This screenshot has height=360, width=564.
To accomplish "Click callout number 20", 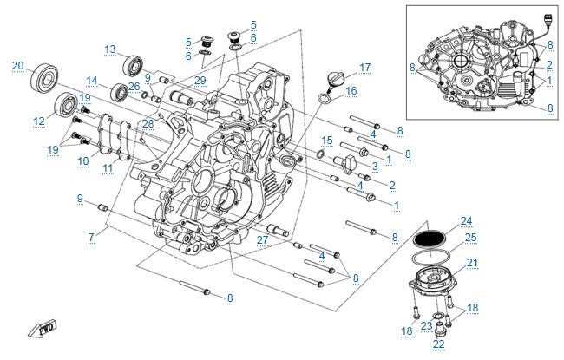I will (x=18, y=66).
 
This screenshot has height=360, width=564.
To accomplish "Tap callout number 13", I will (x=110, y=49).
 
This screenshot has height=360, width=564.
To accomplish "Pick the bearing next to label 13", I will (x=134, y=63).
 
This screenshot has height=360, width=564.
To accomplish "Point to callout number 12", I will (x=39, y=121).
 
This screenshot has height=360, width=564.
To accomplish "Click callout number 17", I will (x=364, y=67).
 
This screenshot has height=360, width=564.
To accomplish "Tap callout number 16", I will (x=351, y=90).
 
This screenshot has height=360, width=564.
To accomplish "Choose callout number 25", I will (x=470, y=237).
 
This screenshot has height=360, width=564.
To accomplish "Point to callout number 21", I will (x=472, y=263).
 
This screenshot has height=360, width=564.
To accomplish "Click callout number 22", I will (x=438, y=344).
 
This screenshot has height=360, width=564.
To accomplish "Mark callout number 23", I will (x=427, y=326).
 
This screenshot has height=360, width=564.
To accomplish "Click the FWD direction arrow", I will (x=41, y=330).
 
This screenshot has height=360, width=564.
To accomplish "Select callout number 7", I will (x=90, y=236).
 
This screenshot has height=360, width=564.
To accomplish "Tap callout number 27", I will (x=260, y=239).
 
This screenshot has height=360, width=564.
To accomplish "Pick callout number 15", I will (x=326, y=140).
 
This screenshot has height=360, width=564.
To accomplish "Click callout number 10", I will (x=83, y=160).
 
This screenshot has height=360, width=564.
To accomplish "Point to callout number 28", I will (x=148, y=124).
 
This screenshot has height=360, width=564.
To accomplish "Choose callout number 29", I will (x=200, y=81).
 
